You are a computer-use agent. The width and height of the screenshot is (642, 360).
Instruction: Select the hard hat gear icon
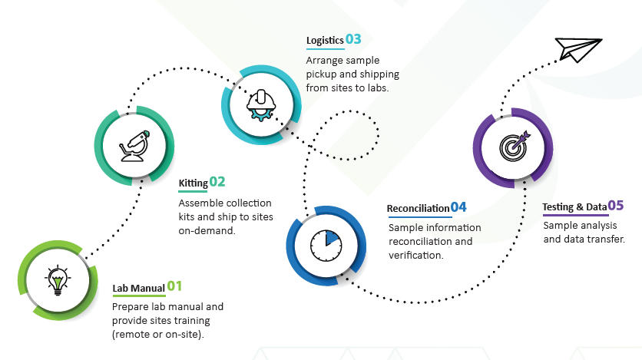click(x=260, y=103)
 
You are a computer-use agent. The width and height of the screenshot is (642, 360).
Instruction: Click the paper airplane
click(x=578, y=48)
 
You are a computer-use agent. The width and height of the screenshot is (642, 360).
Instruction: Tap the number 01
click(x=175, y=286)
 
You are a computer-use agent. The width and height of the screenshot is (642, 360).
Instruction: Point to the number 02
click(x=217, y=182)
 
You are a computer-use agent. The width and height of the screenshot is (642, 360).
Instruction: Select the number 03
click(x=353, y=38)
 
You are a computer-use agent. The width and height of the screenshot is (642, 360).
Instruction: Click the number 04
click(x=458, y=207)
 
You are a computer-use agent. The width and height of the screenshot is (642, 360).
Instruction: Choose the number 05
click(x=616, y=205)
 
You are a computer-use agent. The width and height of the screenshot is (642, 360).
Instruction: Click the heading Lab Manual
click(x=138, y=289)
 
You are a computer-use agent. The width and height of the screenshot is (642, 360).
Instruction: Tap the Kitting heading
click(x=193, y=183)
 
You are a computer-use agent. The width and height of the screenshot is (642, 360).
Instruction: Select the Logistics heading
click(x=324, y=40)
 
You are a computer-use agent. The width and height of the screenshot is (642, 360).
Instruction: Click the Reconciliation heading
click(x=418, y=209)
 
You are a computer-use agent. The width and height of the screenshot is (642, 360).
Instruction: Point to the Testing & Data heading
click(x=574, y=207)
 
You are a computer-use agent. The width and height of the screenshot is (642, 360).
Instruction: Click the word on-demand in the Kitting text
click(x=206, y=230)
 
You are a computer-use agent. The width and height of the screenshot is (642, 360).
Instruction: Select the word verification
click(x=415, y=255)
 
